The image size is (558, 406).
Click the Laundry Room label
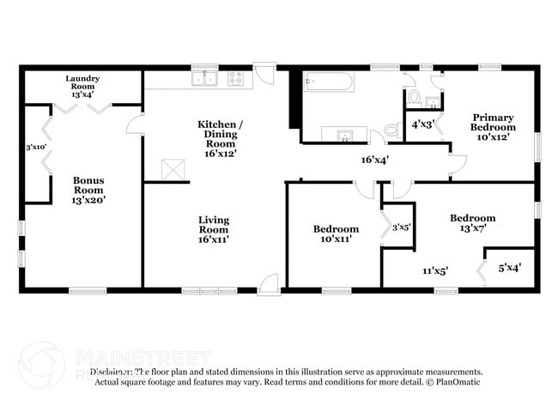pos(83,86)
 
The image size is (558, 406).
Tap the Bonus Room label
pos(88,190)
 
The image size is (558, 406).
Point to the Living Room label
pos(213,229)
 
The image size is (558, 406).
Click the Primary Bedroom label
pos(493,127)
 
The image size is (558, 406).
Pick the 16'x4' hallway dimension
pos(375,160)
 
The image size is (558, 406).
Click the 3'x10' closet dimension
pos(36,147)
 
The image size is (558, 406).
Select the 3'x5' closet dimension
pos(401,227)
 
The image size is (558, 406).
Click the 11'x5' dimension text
pos(434,271)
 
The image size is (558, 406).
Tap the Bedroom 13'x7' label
pos(472,223)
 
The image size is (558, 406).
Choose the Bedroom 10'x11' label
pos(336,234)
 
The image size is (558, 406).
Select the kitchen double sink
pos(204,79)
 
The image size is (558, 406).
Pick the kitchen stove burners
pos(235,79)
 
